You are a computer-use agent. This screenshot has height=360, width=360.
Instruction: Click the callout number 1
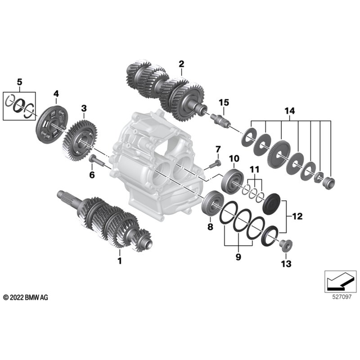119,261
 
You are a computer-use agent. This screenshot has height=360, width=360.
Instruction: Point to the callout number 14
290,111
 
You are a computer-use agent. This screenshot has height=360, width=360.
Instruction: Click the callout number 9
237,257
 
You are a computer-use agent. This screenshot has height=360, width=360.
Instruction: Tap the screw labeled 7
214,164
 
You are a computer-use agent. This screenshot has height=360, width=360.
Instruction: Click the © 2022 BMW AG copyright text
26,296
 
